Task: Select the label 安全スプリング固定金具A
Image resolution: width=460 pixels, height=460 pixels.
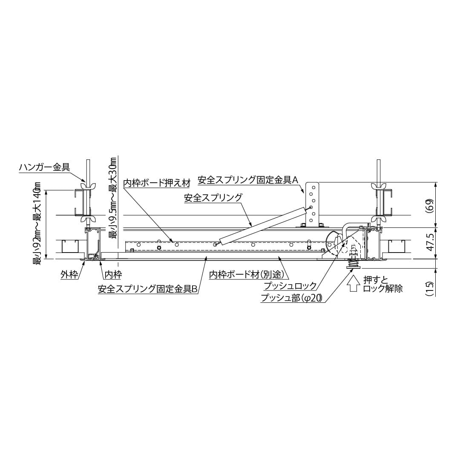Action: point(247,180)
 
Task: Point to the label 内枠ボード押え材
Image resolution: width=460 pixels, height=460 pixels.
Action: point(156,183)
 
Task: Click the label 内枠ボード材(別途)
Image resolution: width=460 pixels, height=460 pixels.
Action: point(247,275)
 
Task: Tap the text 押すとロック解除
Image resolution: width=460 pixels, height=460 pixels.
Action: point(382,284)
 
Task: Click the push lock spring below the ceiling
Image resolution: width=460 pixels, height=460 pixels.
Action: point(353,262)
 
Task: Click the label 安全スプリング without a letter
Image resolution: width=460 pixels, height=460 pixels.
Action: point(213,198)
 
